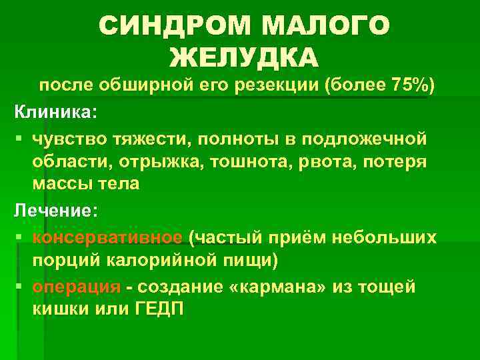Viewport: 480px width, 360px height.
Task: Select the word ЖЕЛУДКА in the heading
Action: click(x=244, y=59)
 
